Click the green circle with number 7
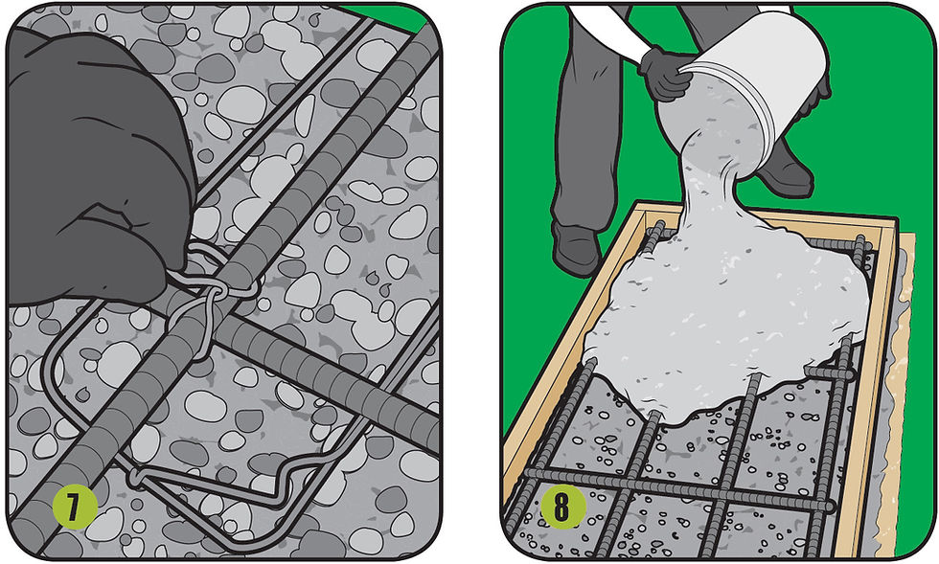tap(75, 508)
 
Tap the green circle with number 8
tap(563, 508)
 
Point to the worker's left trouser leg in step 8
tap(584, 120)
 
